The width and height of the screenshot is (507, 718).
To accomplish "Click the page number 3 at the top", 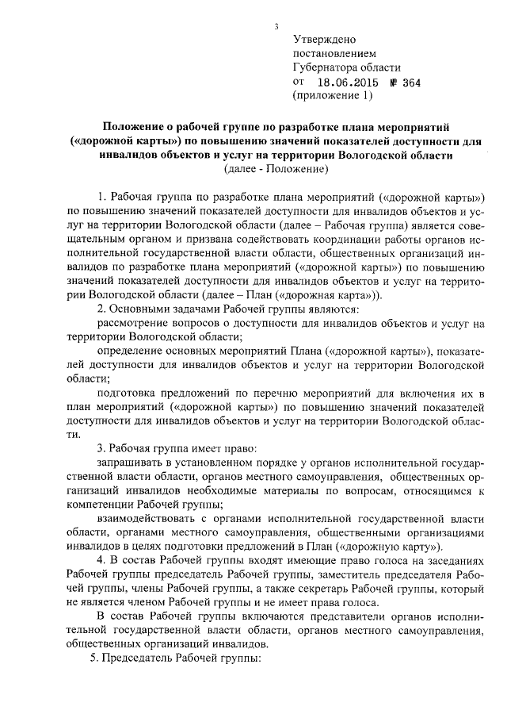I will click(276, 26).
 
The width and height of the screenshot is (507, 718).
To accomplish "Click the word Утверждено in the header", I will click(325, 39).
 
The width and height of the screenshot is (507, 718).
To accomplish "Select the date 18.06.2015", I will click(349, 82).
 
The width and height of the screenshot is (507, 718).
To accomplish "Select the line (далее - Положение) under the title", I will click(276, 169).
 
